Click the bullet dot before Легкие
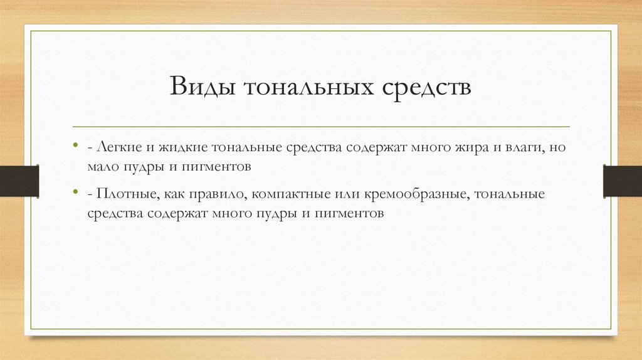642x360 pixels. pos(75,146)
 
